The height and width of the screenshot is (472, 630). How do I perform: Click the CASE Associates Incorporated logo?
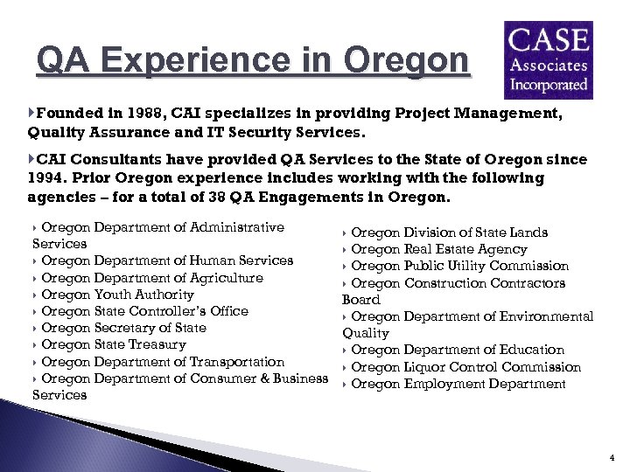coord(548,59)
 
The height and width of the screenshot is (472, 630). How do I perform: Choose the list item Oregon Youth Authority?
coord(117,295)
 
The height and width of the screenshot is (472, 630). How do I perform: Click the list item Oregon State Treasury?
coord(114,344)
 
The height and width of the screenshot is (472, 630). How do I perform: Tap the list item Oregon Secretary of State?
coord(123,328)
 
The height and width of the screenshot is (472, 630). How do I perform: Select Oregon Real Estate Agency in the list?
coord(438,249)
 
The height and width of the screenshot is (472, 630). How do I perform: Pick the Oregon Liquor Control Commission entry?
coord(465,367)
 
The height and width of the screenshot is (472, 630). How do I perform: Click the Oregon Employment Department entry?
coord(458,384)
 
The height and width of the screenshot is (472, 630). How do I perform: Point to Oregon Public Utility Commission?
coord(459,266)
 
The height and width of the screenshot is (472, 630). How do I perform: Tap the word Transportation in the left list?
coord(232,362)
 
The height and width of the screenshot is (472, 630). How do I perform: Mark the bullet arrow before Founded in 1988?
coord(32,113)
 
